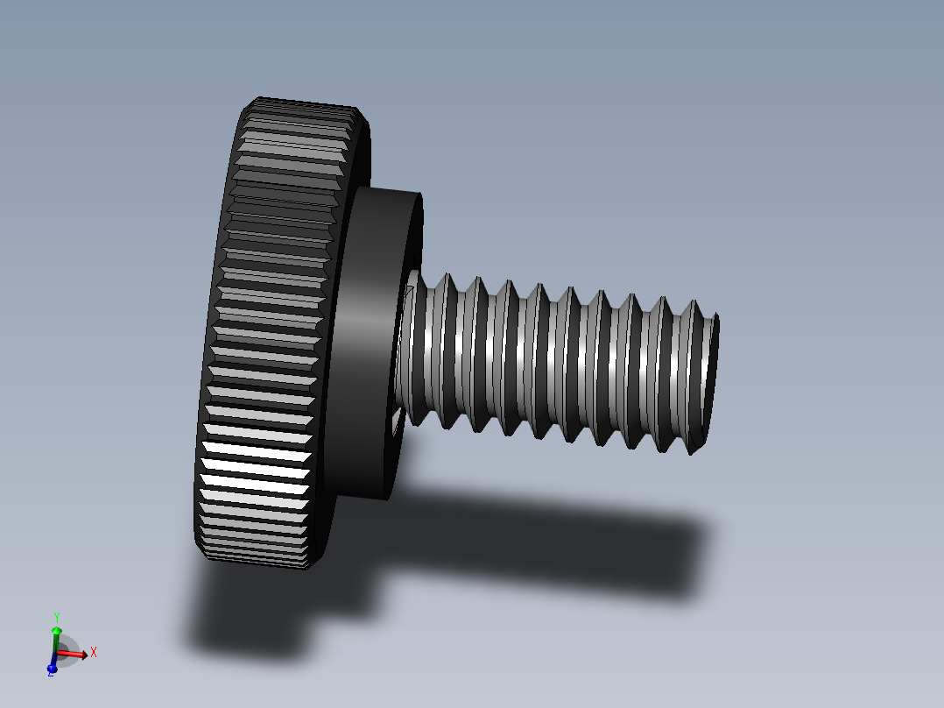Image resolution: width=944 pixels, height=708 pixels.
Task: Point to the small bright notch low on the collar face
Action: point(397,421)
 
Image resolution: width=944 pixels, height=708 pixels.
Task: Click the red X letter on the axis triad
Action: point(94,652)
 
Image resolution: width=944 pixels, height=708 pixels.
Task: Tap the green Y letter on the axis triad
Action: point(56,617)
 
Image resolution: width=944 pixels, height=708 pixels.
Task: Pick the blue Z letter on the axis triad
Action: point(50,673)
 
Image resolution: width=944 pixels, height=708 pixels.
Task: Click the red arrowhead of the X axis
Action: point(83,654)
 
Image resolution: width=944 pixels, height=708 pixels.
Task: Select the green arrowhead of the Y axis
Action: point(56,630)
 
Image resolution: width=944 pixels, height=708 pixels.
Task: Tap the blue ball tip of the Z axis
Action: point(52,668)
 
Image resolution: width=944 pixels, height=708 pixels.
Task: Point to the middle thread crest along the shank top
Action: point(569,294)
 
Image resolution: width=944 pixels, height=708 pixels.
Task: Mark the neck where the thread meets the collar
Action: point(408,350)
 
